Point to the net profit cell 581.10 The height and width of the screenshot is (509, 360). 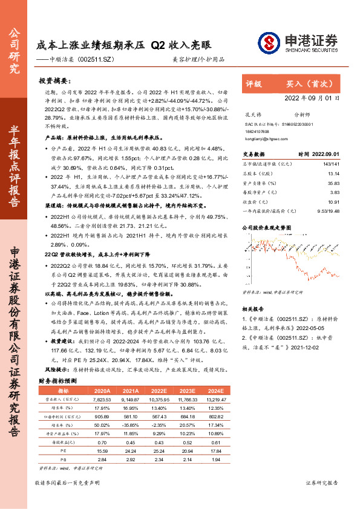click(131, 416)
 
